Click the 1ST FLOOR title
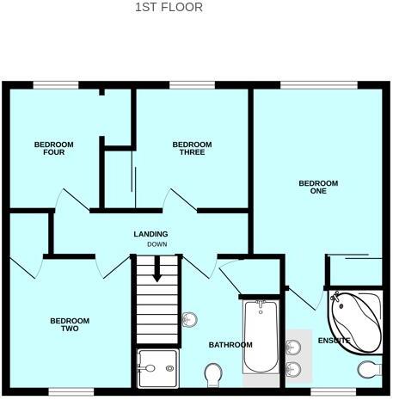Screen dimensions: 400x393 (169, 8)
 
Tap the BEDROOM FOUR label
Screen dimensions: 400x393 (53, 148)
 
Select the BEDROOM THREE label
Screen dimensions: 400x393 (192, 148)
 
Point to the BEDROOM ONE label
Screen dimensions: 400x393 (318, 187)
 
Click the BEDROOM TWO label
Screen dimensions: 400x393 (76, 325)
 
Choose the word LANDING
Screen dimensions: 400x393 (150, 234)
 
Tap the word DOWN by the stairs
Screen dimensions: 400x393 (157, 244)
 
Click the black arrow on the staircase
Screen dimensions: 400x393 (157, 269)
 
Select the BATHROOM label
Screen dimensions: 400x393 (230, 345)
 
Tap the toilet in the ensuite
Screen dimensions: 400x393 (370, 369)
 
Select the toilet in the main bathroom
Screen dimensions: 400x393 (214, 373)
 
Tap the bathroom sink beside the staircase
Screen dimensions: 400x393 (190, 320)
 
